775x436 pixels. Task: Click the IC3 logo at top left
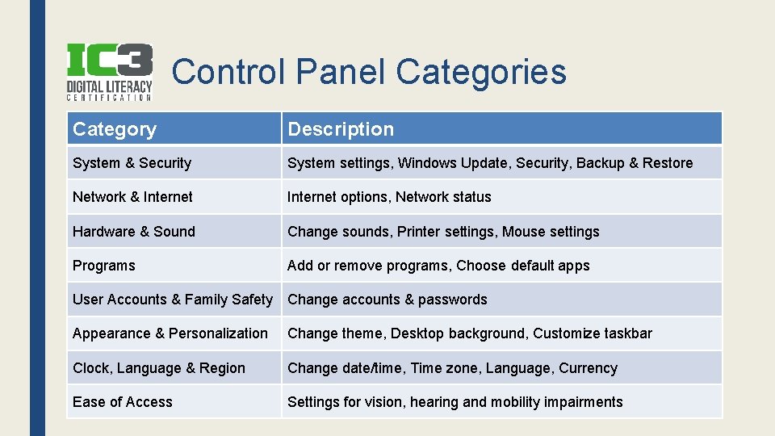[109, 72]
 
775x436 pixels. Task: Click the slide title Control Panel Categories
[369, 72]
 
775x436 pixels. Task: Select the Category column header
[115, 129]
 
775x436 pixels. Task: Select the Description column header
[341, 129]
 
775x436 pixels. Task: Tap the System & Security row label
[132, 163]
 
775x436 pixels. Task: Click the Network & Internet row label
[132, 197]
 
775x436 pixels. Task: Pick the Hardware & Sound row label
[134, 232]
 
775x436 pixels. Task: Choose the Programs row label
[104, 266]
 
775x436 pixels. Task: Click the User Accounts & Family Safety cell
[173, 300]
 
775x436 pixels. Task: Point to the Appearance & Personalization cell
[170, 333]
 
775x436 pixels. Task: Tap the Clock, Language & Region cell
[159, 368]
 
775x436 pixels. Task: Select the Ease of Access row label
[123, 402]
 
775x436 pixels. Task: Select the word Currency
[588, 368]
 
